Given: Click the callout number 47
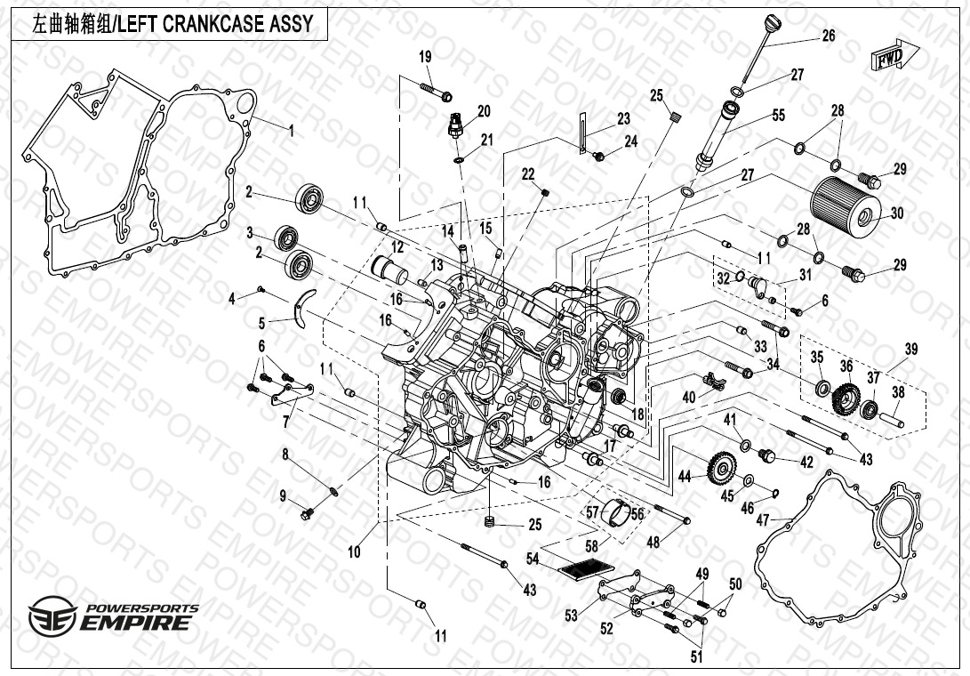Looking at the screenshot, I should coord(763,520).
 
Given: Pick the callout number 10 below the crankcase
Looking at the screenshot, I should coord(354,552).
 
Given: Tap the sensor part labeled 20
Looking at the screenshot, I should coord(455,125).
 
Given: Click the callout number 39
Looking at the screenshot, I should coord(911,349).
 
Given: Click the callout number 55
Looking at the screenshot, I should coord(778,115).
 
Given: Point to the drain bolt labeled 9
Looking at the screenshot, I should coord(310,512).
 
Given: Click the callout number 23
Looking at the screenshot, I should coord(623,119).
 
